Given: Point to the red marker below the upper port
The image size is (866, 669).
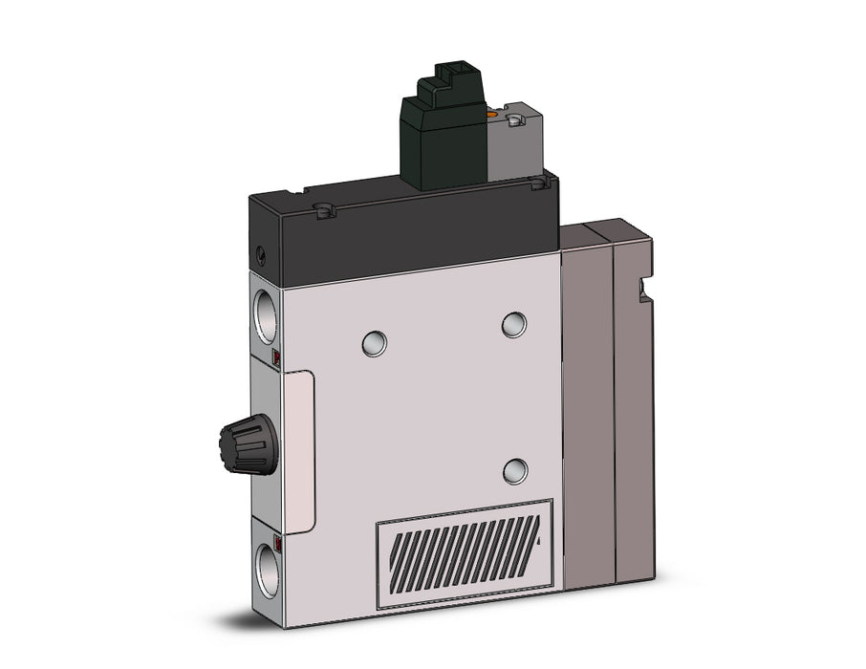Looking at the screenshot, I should pyautogui.click(x=276, y=359).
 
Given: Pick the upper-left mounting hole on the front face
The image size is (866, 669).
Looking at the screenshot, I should pyautogui.click(x=374, y=343).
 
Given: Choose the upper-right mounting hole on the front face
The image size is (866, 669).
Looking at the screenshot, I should pyautogui.click(x=514, y=324).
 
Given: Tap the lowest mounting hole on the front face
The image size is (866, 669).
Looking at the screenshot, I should pyautogui.click(x=515, y=469).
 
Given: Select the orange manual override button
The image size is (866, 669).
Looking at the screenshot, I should pyautogui.click(x=493, y=118).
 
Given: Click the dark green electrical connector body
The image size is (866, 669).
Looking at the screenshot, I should pyautogui.click(x=449, y=134).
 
